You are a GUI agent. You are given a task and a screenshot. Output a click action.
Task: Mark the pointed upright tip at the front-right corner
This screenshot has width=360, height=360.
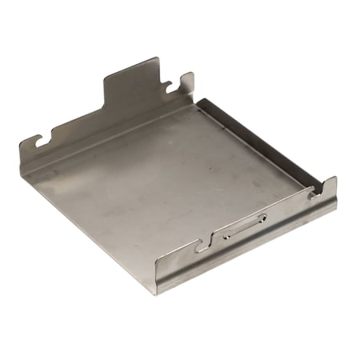point(333,179)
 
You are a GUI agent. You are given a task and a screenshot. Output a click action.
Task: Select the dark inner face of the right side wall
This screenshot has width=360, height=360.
point(256,144)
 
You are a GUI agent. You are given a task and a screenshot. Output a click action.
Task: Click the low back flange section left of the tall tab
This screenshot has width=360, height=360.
point(76,128)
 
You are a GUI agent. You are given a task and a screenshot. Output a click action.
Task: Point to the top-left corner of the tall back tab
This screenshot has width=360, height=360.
point(106,78)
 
